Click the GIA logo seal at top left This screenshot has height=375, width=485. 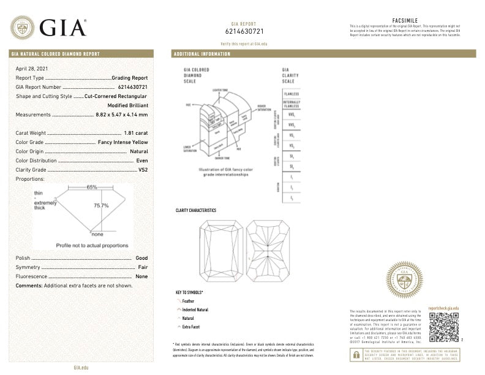22,27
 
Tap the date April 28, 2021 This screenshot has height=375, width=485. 30,68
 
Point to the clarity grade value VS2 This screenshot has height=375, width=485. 143,169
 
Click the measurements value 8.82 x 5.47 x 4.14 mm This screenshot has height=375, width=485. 122,115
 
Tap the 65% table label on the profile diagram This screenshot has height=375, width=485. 92,187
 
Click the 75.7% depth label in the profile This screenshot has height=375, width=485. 101,206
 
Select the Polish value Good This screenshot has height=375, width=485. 141,258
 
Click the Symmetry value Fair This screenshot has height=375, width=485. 143,267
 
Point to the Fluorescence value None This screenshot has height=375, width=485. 141,276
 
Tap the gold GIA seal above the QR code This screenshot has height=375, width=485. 404,281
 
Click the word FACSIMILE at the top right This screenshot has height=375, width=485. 404,20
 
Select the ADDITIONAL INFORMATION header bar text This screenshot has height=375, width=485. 202,54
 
